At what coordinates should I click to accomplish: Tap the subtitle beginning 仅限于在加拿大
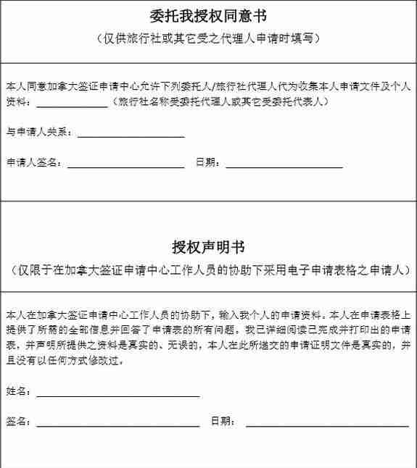pos(208,270)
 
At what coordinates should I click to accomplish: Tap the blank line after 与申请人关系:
pos(131,135)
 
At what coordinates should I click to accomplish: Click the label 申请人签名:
pos(34,162)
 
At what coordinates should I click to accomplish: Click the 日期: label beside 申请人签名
pos(208,162)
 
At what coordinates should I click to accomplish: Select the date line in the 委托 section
pos(284,166)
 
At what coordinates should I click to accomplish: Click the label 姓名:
pos(19,391)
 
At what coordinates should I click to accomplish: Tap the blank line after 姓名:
pos(117,396)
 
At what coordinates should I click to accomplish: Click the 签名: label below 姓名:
pos(19,421)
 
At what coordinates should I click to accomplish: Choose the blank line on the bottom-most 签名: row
pos(117,425)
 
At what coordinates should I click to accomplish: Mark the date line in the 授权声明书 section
pos(327,425)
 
